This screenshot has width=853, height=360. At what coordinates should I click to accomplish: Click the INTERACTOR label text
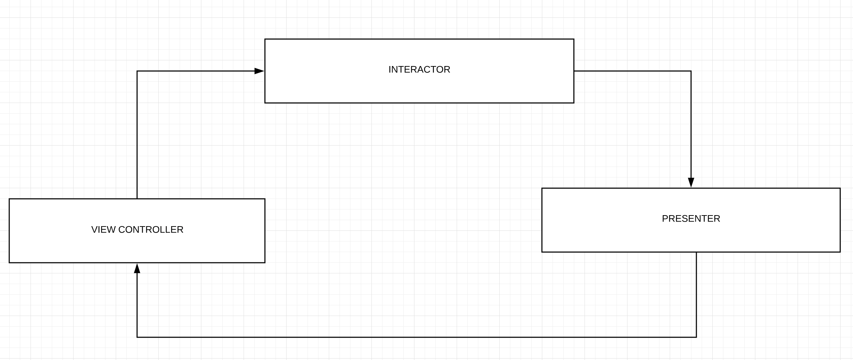419,70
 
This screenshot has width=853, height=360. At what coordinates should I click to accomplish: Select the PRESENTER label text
691,219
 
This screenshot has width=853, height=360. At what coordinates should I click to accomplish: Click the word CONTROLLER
151,230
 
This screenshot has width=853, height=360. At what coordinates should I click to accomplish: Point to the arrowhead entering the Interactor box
260,71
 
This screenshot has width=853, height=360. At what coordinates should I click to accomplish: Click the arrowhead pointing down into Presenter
691,182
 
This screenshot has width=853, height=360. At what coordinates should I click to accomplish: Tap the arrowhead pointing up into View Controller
137,268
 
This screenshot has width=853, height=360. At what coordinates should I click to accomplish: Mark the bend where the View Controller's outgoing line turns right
137,71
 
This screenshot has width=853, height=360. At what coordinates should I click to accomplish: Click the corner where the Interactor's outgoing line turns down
691,71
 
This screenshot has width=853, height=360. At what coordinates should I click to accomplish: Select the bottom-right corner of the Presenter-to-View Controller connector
696,337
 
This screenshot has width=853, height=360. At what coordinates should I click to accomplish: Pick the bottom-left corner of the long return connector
137,337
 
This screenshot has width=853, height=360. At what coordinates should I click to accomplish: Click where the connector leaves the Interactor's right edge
574,71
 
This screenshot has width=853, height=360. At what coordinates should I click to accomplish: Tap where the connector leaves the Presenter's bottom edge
696,252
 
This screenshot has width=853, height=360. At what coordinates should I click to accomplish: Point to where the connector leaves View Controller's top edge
137,199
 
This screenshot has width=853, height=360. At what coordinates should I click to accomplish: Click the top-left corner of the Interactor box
265,39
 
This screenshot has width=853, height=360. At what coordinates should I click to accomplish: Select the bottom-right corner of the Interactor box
574,103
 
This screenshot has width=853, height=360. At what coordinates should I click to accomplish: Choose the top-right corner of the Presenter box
840,188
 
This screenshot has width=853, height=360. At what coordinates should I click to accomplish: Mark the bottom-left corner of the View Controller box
9,263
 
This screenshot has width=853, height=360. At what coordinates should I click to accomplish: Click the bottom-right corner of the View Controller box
265,263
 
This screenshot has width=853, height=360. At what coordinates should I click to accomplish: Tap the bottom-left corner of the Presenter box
542,252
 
